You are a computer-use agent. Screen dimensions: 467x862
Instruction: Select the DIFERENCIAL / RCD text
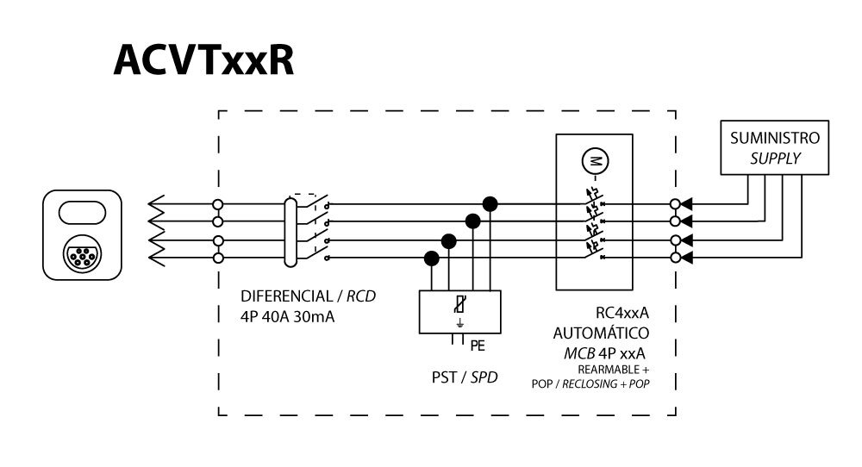coord(309,297)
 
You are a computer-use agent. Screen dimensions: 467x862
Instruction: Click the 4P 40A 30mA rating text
coord(276,316)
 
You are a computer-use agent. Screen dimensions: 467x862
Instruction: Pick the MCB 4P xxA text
coord(600,352)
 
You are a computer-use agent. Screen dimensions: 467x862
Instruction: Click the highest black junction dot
coord(490,203)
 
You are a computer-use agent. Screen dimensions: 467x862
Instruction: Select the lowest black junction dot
coord(431,257)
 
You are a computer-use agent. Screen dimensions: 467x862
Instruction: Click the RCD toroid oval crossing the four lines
coord(290,231)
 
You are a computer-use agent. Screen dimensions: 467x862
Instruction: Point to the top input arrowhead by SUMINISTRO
coord(688,204)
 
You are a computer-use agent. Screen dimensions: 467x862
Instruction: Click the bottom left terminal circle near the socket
coord(218,258)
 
